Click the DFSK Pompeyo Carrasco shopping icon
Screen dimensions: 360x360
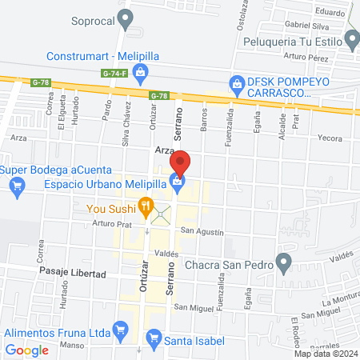point(236,82)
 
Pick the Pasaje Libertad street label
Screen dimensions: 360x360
point(73,274)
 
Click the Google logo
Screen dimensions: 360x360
point(26,350)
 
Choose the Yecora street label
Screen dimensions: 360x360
point(330,137)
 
